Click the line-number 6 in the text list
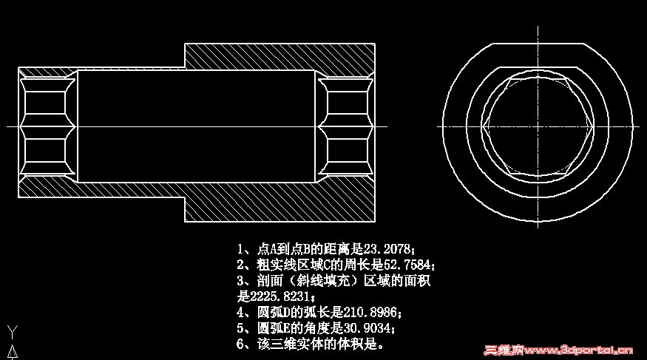[240, 344]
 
